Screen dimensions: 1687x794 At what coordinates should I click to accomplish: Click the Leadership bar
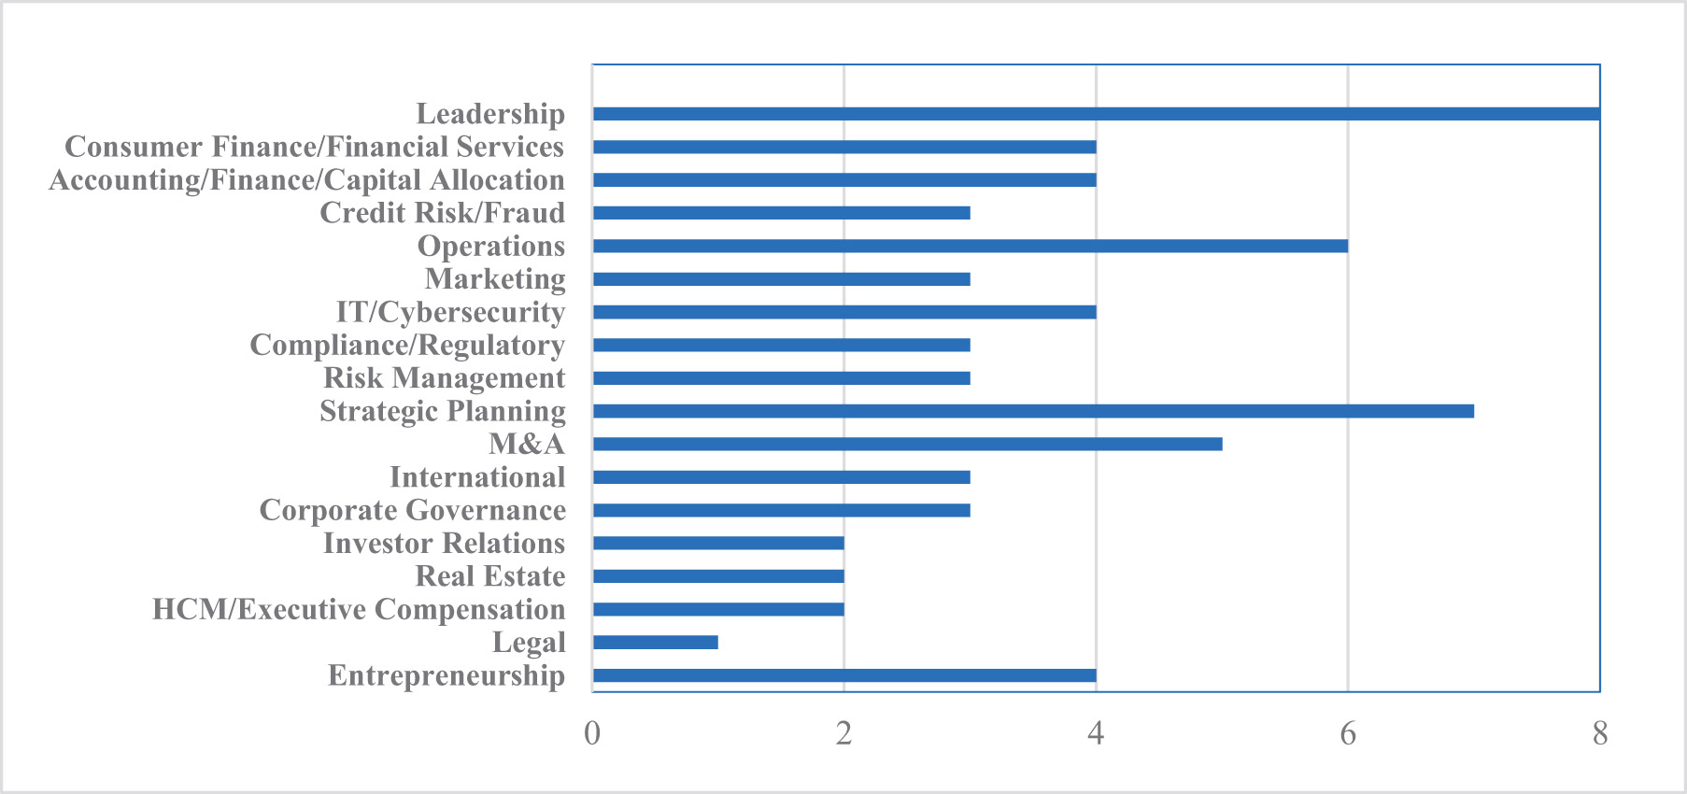[x=1097, y=114]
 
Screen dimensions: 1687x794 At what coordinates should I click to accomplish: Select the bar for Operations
[x=971, y=246]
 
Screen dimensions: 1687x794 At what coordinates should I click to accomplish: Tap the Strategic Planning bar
[x=1033, y=411]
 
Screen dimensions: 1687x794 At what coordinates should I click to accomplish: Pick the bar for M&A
[x=908, y=444]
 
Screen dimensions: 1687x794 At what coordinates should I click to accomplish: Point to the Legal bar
[x=656, y=643]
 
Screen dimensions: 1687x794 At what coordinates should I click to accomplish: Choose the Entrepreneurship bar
[x=844, y=675]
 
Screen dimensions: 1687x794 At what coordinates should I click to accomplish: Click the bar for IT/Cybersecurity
[x=844, y=312]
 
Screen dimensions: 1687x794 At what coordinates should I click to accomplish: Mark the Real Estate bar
[x=718, y=576]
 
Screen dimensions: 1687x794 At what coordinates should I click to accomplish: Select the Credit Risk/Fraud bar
[x=782, y=213]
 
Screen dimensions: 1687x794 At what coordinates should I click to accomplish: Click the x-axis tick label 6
[x=1348, y=733]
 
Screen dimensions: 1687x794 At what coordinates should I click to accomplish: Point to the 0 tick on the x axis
[x=592, y=733]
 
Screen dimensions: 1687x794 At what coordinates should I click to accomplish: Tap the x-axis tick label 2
[x=844, y=733]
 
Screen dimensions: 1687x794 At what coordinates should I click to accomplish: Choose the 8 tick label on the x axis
[x=1600, y=733]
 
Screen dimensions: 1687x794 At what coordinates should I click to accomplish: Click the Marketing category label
[x=495, y=279]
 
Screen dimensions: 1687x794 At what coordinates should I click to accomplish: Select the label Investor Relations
[x=445, y=543]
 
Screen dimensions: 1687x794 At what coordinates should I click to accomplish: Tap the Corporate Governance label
[x=413, y=510]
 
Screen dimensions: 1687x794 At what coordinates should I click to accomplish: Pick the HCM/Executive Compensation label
[x=359, y=609]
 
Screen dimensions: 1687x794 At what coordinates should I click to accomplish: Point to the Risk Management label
[x=445, y=378]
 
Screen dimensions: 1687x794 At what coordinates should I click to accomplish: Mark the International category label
[x=477, y=477]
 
